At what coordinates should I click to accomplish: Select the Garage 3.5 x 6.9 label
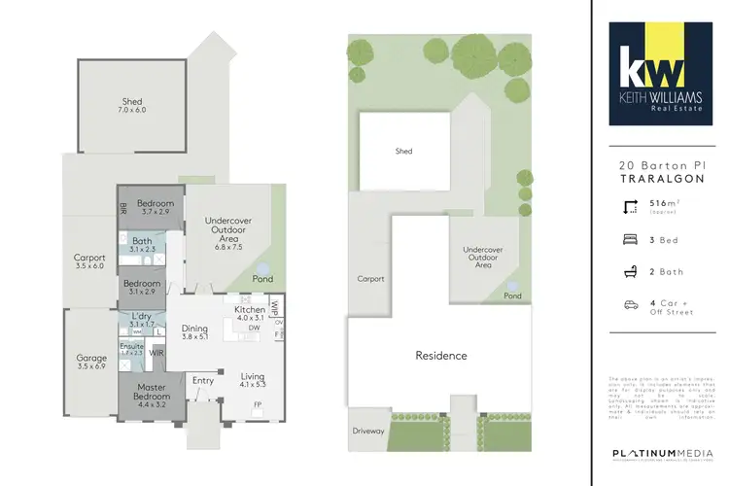pyautogui.click(x=91, y=362)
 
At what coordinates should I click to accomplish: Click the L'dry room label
pyautogui.click(x=142, y=319)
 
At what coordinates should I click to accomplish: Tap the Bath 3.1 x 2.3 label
pyautogui.click(x=143, y=245)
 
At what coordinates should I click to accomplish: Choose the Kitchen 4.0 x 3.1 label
pyautogui.click(x=250, y=313)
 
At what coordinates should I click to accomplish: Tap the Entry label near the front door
pyautogui.click(x=204, y=380)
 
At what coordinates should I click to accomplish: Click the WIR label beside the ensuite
pyautogui.click(x=156, y=354)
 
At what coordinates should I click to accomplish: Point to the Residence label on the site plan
pyautogui.click(x=441, y=356)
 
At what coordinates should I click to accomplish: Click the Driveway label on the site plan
pyautogui.click(x=368, y=430)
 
